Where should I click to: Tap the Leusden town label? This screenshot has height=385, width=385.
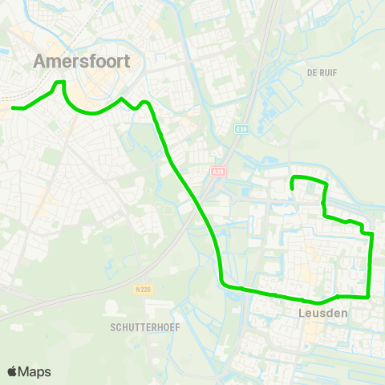pos(322,313)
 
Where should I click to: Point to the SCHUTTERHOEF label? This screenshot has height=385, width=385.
pos(145,328)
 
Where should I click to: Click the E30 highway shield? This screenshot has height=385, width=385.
pos(241,128)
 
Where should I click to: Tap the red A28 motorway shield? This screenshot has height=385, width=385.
pos(217,171)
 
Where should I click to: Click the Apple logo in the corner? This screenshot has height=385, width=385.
pos(13,371)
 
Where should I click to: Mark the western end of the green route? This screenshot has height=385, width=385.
pos(12,107)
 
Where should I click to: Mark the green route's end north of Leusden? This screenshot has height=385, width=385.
pos(292,188)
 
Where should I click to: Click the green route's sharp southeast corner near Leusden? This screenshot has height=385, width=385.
pos(368,295)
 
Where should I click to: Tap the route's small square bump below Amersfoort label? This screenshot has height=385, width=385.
pos(59,83)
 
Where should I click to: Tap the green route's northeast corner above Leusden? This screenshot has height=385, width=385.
pos(325,184)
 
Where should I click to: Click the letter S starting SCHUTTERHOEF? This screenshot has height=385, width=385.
pos(114,328)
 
